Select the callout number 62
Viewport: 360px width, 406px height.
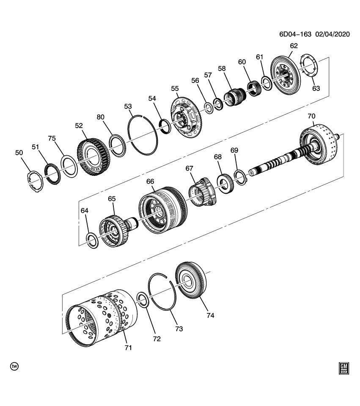[293, 46]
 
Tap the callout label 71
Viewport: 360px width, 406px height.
[128, 348]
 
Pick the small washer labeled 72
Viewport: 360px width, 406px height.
[143, 300]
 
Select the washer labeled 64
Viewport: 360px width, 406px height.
[92, 240]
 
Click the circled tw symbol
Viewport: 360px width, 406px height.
[14, 366]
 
